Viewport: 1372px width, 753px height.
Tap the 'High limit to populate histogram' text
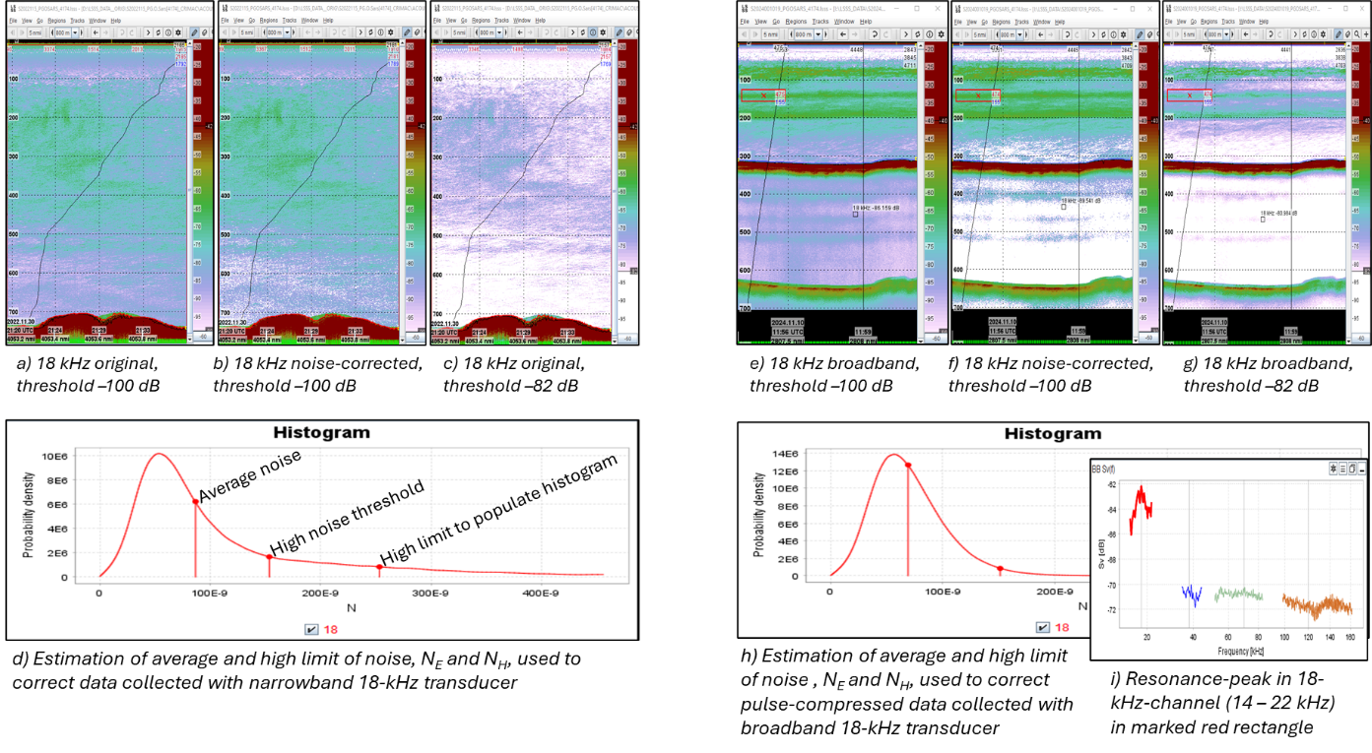pos(498,509)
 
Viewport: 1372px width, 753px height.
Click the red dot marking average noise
pos(195,501)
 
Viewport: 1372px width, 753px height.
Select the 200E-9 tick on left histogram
pos(320,594)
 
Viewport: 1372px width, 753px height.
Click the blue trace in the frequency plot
pos(1193,595)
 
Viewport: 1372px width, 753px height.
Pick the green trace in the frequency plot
pos(1239,594)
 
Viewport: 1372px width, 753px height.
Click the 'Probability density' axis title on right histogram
pos(759,515)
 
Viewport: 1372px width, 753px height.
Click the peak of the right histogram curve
pos(893,455)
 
